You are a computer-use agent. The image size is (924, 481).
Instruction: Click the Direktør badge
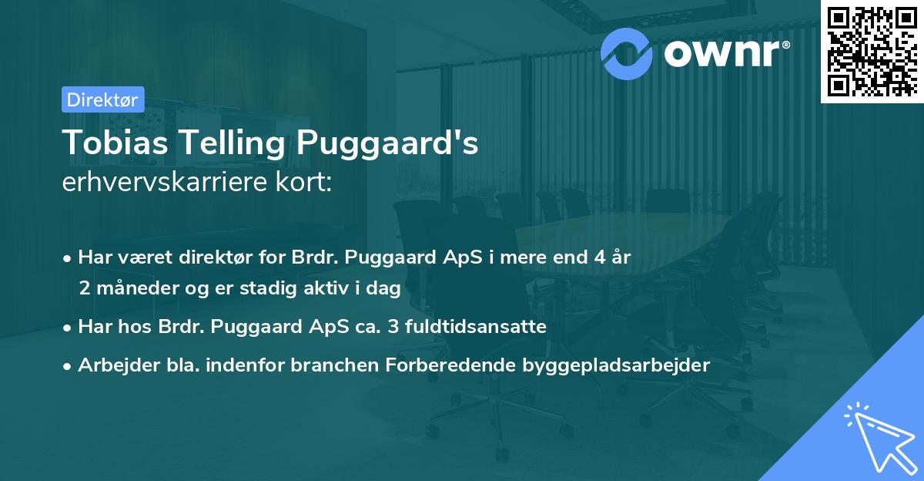coord(102,99)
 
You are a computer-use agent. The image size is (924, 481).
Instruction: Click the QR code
coord(872,51)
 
